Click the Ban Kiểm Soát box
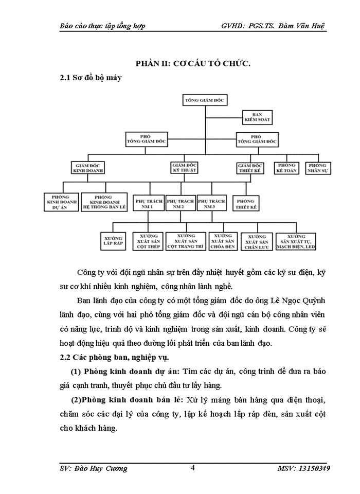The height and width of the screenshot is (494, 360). [257, 117]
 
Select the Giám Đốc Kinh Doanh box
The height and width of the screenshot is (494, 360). [88, 168]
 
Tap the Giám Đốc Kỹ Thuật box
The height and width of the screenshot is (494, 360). [184, 167]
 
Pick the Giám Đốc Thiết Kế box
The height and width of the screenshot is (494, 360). [250, 168]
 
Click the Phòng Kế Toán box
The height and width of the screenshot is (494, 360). [287, 168]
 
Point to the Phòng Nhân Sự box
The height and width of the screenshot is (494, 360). [317, 168]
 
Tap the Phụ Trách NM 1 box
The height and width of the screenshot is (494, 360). [148, 204]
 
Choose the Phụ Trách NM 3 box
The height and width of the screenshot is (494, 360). [211, 204]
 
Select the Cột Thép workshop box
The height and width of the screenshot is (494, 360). [148, 241]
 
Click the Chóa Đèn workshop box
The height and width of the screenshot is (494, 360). [223, 241]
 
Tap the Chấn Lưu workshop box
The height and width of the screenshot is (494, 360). [257, 241]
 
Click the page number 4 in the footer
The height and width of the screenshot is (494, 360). [192, 468]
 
